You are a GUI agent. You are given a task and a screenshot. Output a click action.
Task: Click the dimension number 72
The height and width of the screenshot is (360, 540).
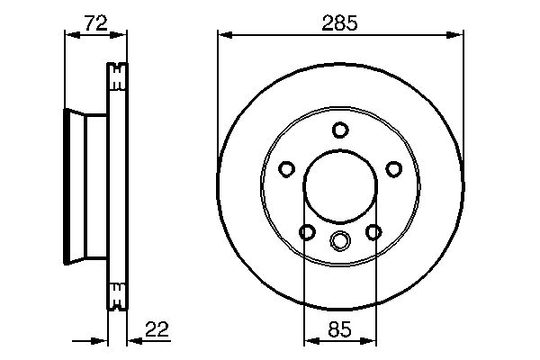point(96,23)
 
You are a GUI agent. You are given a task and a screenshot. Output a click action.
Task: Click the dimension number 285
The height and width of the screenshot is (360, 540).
point(340,23)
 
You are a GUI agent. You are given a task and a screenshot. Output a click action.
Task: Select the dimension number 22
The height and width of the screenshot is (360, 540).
point(157,329)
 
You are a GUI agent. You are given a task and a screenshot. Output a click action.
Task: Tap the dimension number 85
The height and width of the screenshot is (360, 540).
point(339,329)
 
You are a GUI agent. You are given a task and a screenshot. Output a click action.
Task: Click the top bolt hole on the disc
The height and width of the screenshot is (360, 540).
point(340,130)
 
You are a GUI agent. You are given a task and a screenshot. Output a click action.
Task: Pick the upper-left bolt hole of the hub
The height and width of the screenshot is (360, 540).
point(286,169)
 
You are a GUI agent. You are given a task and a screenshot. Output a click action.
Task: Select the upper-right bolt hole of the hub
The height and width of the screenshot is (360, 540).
point(394,169)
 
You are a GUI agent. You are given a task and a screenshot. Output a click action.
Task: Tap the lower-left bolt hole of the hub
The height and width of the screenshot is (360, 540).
point(307,232)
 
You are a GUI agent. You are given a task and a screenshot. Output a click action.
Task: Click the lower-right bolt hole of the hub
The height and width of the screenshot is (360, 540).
point(373,232)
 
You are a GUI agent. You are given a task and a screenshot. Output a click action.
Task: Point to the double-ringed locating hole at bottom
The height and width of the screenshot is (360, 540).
point(340,240)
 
